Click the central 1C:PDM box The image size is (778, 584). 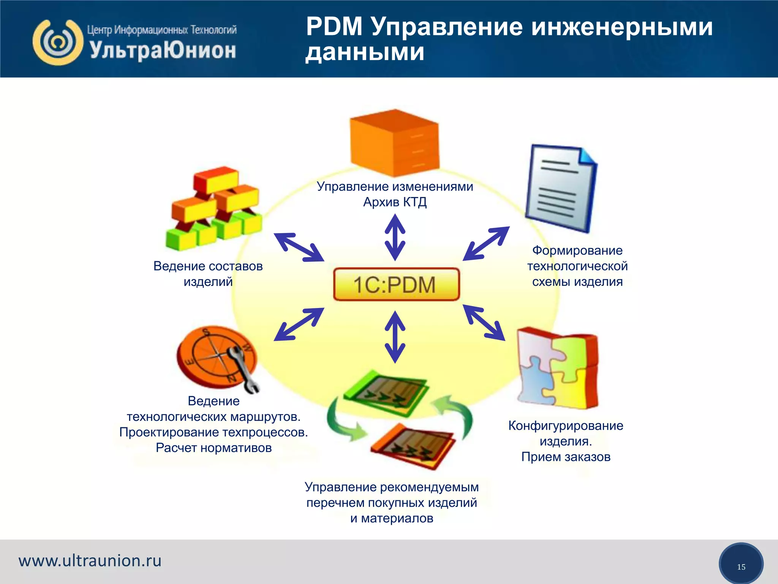[x=396, y=284]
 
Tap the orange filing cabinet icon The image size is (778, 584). [x=395, y=143]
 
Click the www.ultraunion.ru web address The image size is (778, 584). [x=90, y=561]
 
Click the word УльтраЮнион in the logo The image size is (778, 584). [x=163, y=51]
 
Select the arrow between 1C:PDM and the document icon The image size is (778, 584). [x=486, y=243]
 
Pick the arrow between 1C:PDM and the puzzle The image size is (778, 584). [x=484, y=322]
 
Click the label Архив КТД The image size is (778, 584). [x=395, y=202]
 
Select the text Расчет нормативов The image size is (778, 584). [x=213, y=448]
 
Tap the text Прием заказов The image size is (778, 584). [x=566, y=457]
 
